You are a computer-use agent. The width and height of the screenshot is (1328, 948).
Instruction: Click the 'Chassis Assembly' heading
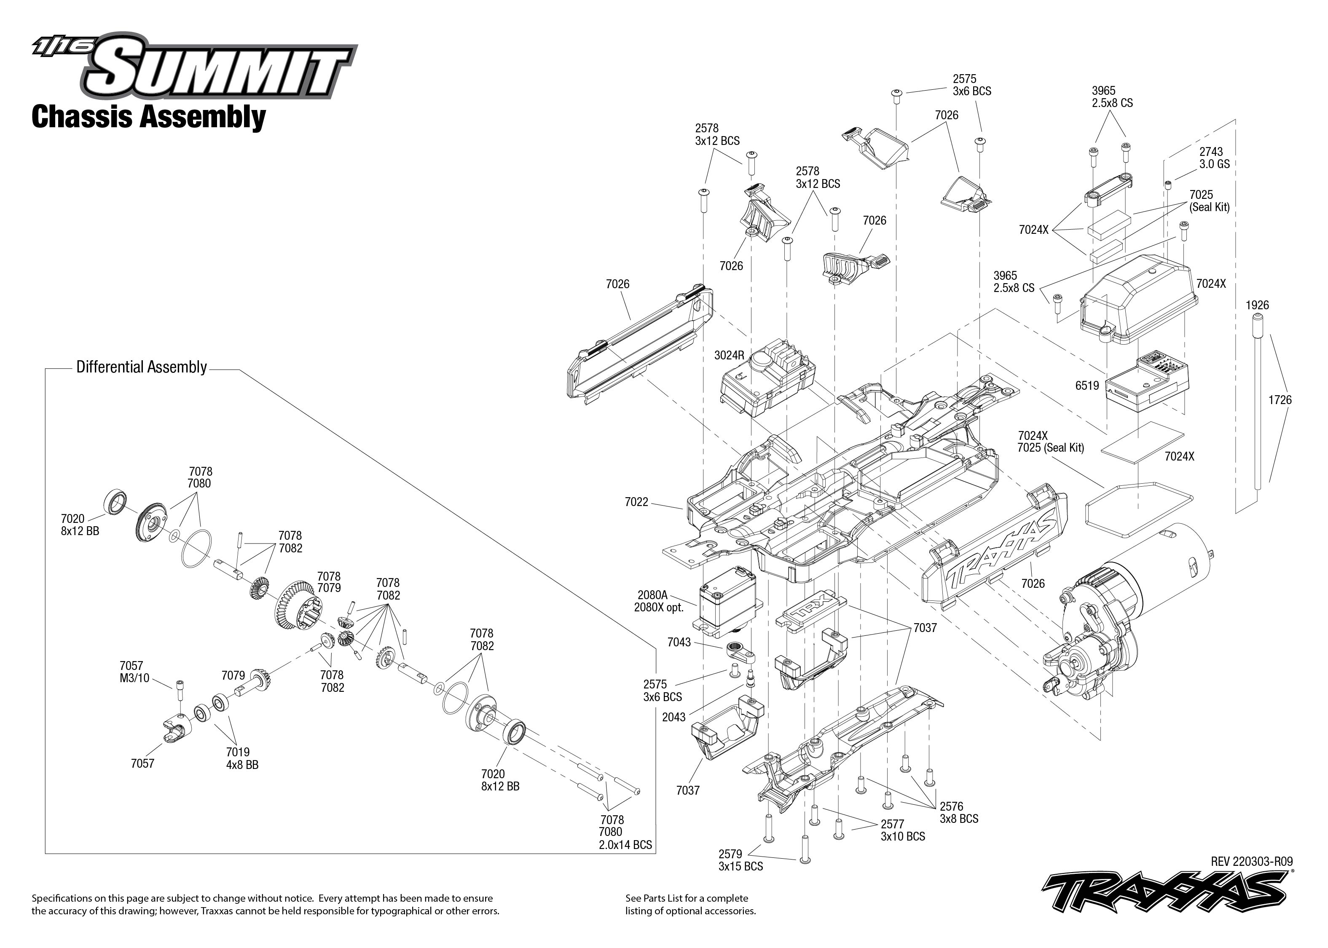click(148, 116)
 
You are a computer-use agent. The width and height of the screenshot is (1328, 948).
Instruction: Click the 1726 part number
click(1280, 400)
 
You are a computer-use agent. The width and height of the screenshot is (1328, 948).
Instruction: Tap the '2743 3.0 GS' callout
click(1214, 158)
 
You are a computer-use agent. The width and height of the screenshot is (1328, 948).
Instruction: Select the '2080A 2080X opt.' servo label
click(658, 601)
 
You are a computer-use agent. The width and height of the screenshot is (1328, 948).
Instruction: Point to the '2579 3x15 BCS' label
click(740, 860)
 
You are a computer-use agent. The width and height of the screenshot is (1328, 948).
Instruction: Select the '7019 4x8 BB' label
click(241, 758)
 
